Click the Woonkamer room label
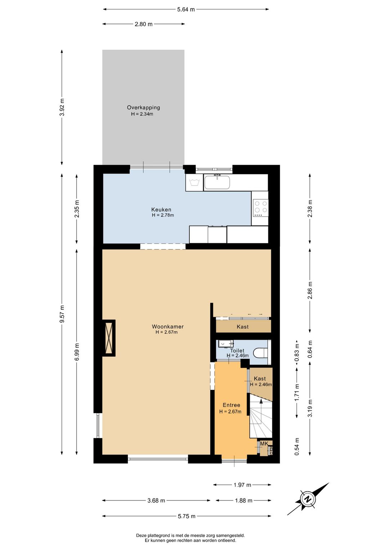click(167, 327)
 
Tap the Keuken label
click(161, 209)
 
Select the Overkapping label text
click(143, 107)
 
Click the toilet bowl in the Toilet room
click(260, 353)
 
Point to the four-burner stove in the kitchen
click(260, 208)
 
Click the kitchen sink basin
click(217, 182)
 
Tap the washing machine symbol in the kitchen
click(194, 182)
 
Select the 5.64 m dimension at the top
click(186, 9)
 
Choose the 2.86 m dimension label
click(310, 290)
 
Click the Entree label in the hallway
click(231, 405)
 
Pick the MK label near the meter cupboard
click(264, 443)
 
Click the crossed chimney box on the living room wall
click(109, 338)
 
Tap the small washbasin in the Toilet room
click(226, 344)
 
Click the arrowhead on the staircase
click(261, 401)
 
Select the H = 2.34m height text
click(142, 114)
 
